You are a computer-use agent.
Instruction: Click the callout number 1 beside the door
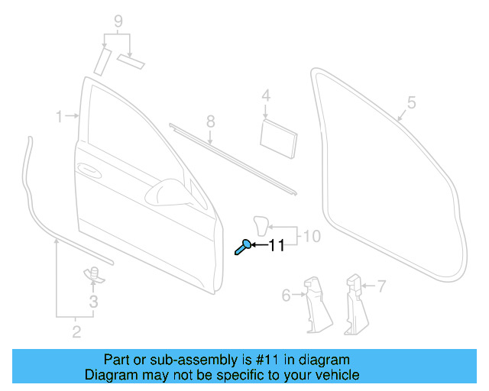[60, 116]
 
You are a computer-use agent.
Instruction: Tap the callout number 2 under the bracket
[76, 331]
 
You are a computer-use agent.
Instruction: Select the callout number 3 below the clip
[93, 302]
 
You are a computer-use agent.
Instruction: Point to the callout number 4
[266, 96]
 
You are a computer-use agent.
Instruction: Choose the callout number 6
[287, 295]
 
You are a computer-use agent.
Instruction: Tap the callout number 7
[381, 286]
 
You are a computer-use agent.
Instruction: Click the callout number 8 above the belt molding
[211, 121]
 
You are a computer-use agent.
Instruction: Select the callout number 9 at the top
[118, 20]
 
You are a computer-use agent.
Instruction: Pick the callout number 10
[313, 236]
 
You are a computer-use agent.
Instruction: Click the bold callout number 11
[275, 245]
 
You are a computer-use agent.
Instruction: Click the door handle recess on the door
[89, 169]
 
